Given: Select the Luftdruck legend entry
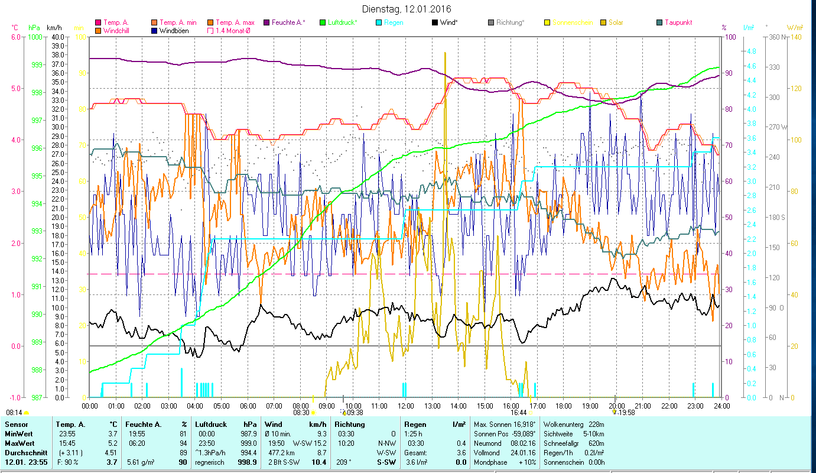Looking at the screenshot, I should [x=342, y=22].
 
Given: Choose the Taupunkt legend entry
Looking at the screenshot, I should [x=678, y=22].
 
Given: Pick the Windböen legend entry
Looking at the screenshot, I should [x=174, y=30].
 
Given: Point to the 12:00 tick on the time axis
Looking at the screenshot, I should [x=406, y=406].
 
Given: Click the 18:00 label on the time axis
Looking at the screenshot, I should [x=564, y=406].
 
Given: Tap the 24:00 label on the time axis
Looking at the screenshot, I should [x=721, y=406].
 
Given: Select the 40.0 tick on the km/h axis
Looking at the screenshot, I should [x=58, y=37].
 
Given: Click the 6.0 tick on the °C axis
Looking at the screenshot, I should [x=16, y=37].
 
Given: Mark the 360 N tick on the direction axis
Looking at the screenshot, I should [x=776, y=37].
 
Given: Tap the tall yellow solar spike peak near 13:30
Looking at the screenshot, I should [x=445, y=53].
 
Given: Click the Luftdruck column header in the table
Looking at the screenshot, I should [x=211, y=424].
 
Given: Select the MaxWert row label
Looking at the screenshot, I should [x=19, y=443].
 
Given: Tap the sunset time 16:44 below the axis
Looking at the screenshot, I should [x=518, y=413].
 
